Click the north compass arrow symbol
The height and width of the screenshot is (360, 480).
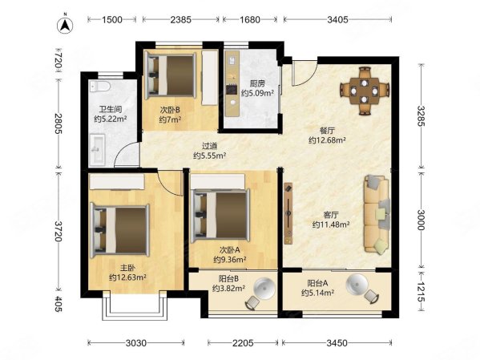(65, 26)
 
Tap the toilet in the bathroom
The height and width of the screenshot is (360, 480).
(100, 87)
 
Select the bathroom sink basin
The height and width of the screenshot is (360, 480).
(97, 149)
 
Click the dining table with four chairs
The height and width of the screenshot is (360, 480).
(365, 91)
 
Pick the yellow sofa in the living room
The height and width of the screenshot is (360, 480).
(377, 215)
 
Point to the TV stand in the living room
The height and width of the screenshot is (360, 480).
(288, 213)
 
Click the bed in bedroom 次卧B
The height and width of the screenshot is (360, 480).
(171, 75)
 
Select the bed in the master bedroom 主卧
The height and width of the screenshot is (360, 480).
(120, 231)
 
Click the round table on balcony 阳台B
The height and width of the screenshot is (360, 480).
(264, 289)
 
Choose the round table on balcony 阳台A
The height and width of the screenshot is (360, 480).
(357, 285)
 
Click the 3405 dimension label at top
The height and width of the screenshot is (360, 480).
(337, 20)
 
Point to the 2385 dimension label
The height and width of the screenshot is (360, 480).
(181, 20)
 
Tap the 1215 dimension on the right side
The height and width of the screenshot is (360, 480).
(422, 292)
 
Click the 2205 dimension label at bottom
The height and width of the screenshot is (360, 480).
(243, 343)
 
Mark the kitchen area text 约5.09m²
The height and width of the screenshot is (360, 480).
(257, 93)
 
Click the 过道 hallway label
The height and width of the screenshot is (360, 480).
(209, 146)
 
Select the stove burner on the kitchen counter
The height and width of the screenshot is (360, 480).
(232, 89)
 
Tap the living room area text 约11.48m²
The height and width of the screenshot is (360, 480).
(331, 224)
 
